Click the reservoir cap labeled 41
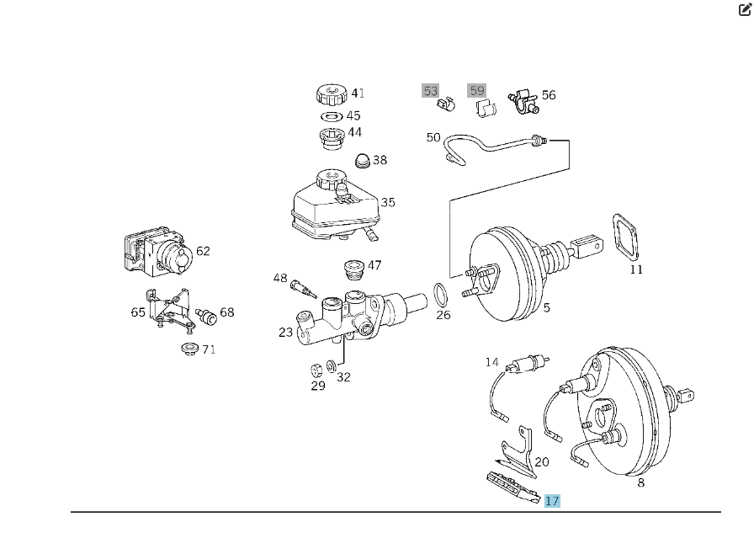(331, 93)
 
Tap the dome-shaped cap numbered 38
(361, 160)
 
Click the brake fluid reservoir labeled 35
(332, 205)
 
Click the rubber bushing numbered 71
(188, 348)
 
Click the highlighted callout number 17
(552, 501)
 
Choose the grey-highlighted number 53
(431, 90)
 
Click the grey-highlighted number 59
(477, 90)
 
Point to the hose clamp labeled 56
(523, 103)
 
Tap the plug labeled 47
(353, 270)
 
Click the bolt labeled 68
(206, 317)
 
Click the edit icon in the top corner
(745, 9)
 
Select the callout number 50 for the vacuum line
(433, 137)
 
